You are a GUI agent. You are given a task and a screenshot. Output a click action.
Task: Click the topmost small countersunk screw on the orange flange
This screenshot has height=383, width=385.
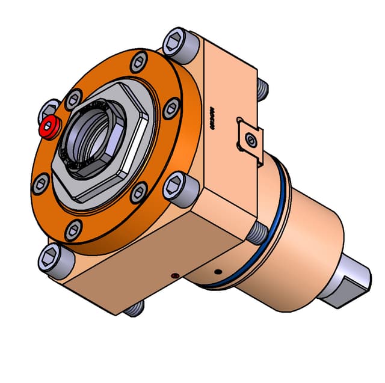point(138,61)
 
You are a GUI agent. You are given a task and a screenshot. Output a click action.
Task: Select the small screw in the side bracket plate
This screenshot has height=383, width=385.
point(250,141)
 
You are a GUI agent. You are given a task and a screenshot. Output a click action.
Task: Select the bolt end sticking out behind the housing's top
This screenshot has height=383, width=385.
point(263,89)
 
